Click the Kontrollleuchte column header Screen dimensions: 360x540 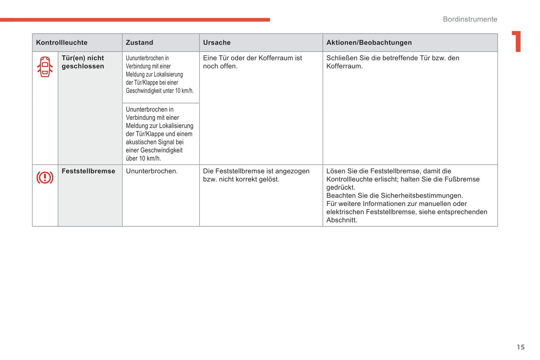62,43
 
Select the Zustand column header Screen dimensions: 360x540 139,43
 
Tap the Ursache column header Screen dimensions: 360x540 217,43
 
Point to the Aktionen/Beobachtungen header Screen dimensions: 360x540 369,43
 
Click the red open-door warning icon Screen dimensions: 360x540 45,67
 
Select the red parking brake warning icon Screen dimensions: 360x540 45,177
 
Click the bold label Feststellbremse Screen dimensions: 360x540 88,171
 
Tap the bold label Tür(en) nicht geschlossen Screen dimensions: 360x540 83,62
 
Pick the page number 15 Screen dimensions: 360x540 521,347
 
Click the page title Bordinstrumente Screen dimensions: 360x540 470,19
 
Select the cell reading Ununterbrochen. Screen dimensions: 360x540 152,171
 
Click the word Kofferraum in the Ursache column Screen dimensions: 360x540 269,58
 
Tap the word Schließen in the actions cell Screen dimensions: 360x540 342,58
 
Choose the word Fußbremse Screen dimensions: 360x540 462,179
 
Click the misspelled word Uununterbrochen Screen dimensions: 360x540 147,58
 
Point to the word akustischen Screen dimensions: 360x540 142,142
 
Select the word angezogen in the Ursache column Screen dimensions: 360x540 292,171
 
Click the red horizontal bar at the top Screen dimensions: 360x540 135,20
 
